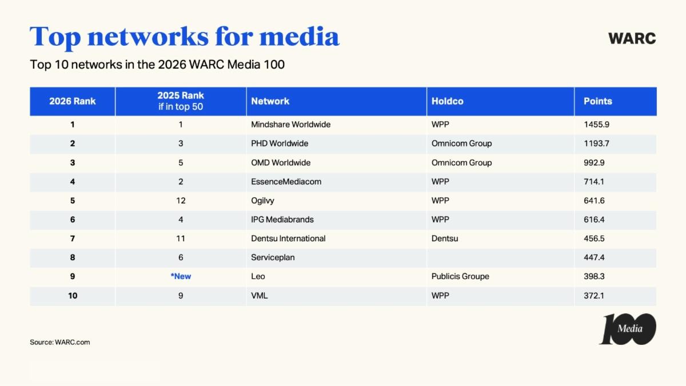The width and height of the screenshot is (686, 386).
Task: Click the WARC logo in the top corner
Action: click(632, 38)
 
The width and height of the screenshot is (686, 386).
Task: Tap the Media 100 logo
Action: click(627, 329)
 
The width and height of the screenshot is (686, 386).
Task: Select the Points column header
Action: click(597, 101)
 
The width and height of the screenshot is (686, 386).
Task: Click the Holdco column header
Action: click(447, 101)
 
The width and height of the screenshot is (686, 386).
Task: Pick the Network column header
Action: click(270, 101)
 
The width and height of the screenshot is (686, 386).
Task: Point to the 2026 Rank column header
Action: click(73, 101)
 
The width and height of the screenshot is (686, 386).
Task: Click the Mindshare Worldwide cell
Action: click(290, 124)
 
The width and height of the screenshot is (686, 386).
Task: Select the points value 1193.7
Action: click(596, 143)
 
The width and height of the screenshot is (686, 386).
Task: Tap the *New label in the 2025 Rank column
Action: click(181, 276)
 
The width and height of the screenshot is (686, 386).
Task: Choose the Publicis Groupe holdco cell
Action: click(460, 276)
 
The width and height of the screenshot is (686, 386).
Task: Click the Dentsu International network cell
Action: click(288, 238)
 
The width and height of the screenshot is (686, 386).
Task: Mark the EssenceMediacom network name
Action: click(286, 181)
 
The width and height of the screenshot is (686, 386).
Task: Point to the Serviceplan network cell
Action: click(273, 257)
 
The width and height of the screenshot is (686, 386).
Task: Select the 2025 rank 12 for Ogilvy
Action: click(181, 200)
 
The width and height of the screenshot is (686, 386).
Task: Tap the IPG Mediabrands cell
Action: click(282, 220)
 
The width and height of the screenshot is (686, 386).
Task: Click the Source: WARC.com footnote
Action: click(60, 342)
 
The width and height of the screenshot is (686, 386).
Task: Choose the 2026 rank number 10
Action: click(73, 296)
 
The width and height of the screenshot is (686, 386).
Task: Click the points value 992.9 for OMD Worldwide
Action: click(594, 162)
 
